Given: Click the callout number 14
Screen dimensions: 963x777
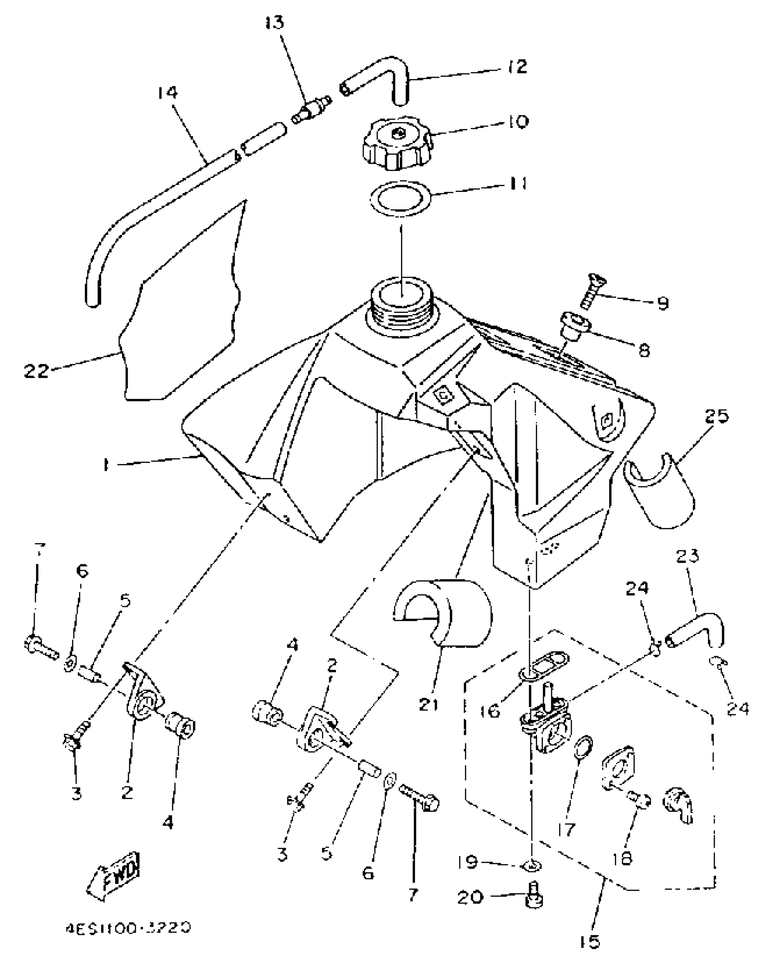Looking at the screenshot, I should [167, 93].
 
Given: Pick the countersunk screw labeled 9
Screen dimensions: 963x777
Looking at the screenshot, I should [591, 290].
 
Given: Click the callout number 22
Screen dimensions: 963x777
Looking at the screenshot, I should [37, 370].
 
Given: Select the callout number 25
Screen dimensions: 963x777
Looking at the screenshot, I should [716, 416].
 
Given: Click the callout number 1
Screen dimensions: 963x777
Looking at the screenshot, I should [106, 465].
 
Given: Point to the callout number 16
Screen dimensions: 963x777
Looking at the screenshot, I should [491, 711].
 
